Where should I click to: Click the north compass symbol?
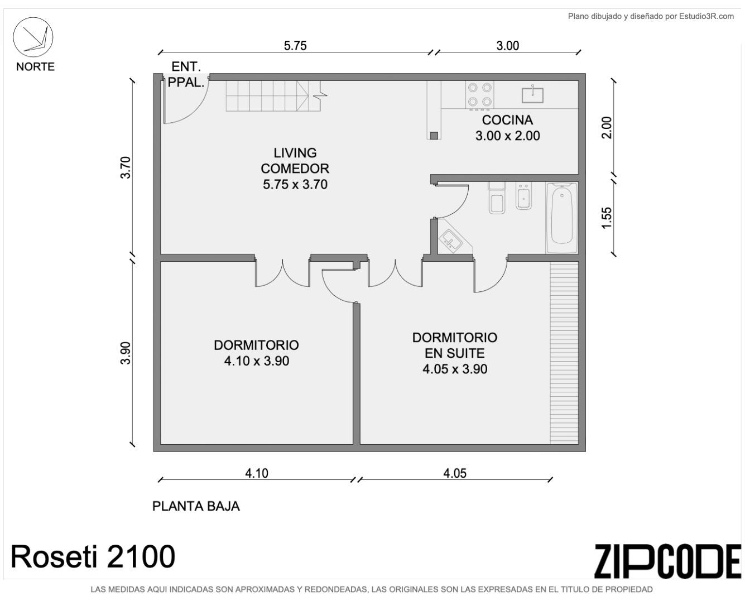point(33,37)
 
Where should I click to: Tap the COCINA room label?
point(507,120)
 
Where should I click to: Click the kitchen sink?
point(532,95)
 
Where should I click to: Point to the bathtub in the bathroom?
point(561,218)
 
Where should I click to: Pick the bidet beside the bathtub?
point(523,196)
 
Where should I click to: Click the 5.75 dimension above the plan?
point(295,46)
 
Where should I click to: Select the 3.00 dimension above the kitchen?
point(507,46)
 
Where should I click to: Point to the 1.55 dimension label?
point(607,218)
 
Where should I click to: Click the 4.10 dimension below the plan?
point(257,473)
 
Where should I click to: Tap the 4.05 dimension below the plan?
point(455,473)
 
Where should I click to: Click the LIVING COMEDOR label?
point(295,161)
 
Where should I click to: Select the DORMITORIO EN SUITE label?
point(455,345)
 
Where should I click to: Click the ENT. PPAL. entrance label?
point(186,74)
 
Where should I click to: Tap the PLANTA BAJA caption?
point(196,506)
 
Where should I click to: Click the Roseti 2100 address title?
point(93,556)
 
